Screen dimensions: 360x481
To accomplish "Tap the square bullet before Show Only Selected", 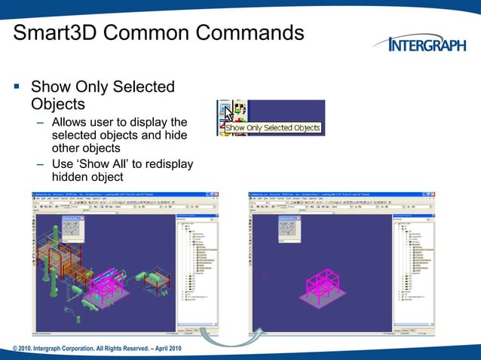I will [17, 88].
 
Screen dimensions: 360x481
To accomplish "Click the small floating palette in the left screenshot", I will [70, 228].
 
